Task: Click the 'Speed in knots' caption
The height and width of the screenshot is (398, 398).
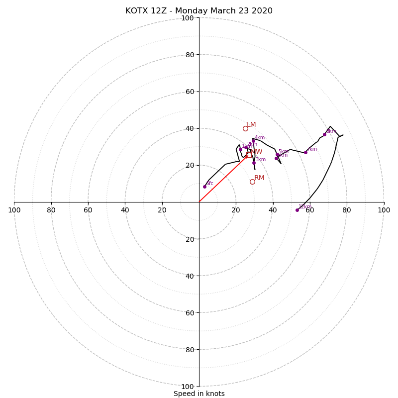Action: click(199, 394)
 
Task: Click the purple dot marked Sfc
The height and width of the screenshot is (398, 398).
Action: click(204, 187)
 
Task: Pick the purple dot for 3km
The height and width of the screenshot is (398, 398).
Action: click(254, 163)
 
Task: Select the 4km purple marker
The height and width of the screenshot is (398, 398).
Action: click(253, 141)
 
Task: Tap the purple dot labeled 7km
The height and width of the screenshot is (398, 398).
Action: click(305, 152)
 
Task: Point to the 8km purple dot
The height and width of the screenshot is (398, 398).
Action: click(324, 134)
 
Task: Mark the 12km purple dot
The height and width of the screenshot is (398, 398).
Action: click(297, 210)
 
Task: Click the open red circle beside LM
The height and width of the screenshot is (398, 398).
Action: click(245, 128)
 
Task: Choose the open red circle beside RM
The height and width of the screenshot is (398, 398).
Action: click(252, 182)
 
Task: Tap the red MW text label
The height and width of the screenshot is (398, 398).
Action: click(256, 152)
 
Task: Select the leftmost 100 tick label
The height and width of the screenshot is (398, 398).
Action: click(14, 210)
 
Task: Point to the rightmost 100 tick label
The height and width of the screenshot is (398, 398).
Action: click(384, 210)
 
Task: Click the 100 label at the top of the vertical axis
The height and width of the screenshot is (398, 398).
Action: click(188, 18)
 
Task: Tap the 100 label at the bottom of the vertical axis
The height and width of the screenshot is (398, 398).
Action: click(188, 387)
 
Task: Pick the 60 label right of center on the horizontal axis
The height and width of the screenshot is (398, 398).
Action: click(309, 210)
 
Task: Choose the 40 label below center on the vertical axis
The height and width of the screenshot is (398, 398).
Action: click(190, 276)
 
